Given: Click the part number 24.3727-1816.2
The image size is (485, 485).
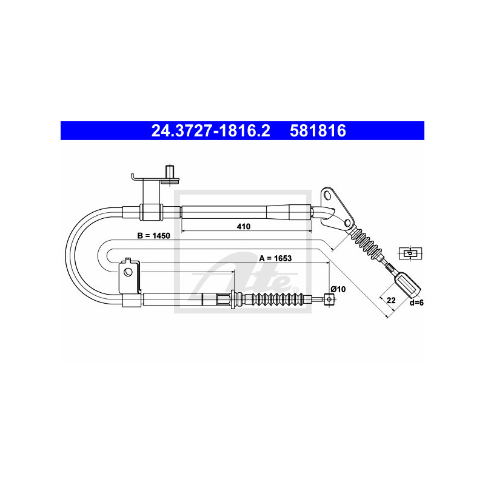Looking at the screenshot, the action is pos(210,130).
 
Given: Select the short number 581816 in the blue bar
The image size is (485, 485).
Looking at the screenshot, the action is pos(318,130).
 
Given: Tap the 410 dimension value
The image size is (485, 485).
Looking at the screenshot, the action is pos(244,226).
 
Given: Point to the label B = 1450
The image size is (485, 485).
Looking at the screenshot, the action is pos(154,236).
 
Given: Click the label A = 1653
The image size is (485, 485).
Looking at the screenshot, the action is pos(275,258).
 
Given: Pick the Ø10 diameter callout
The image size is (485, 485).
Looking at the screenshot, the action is pos(338,289).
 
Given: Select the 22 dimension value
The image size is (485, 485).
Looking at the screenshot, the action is pos(391,300).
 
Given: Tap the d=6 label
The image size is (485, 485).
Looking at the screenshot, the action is pos(416,303).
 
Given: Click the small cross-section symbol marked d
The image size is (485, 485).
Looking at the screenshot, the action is pos(410,253).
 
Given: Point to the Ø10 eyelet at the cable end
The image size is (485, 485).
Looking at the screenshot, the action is pos(329,299).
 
